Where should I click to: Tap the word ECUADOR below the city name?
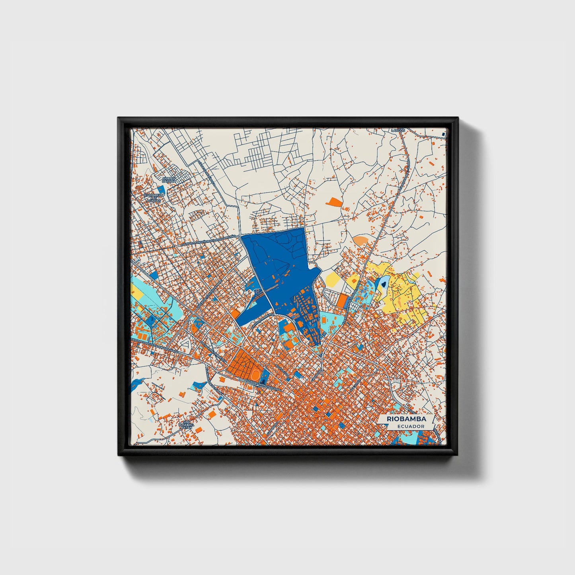410,426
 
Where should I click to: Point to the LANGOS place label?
398,131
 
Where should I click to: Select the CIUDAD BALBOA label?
169,180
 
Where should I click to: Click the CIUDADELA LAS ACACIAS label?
154,197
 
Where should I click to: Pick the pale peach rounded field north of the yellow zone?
361,240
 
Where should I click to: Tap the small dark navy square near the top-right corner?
442,135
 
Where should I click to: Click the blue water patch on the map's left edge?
135,384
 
